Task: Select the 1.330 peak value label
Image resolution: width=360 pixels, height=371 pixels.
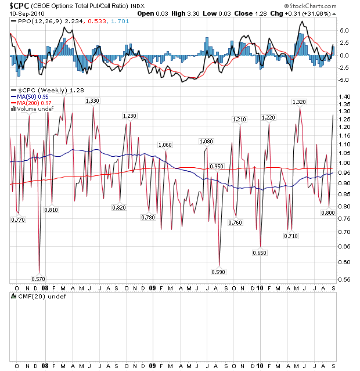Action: coord(92,101)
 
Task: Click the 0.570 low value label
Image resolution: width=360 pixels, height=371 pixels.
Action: coord(38,279)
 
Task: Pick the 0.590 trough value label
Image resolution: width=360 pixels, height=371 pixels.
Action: coord(218,272)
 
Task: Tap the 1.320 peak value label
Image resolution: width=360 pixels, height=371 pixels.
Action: coord(298,102)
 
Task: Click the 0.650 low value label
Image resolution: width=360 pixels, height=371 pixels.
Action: coord(260,253)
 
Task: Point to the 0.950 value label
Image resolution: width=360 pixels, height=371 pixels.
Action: coord(216,167)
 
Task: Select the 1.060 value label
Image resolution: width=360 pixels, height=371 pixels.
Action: coord(165,145)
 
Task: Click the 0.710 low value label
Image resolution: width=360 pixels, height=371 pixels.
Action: coord(291,236)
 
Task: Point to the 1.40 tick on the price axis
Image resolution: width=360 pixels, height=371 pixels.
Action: coord(344,96)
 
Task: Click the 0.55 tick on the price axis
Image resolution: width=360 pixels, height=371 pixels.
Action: coord(344,280)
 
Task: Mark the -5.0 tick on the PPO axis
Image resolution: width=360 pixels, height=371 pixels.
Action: coord(344,80)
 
